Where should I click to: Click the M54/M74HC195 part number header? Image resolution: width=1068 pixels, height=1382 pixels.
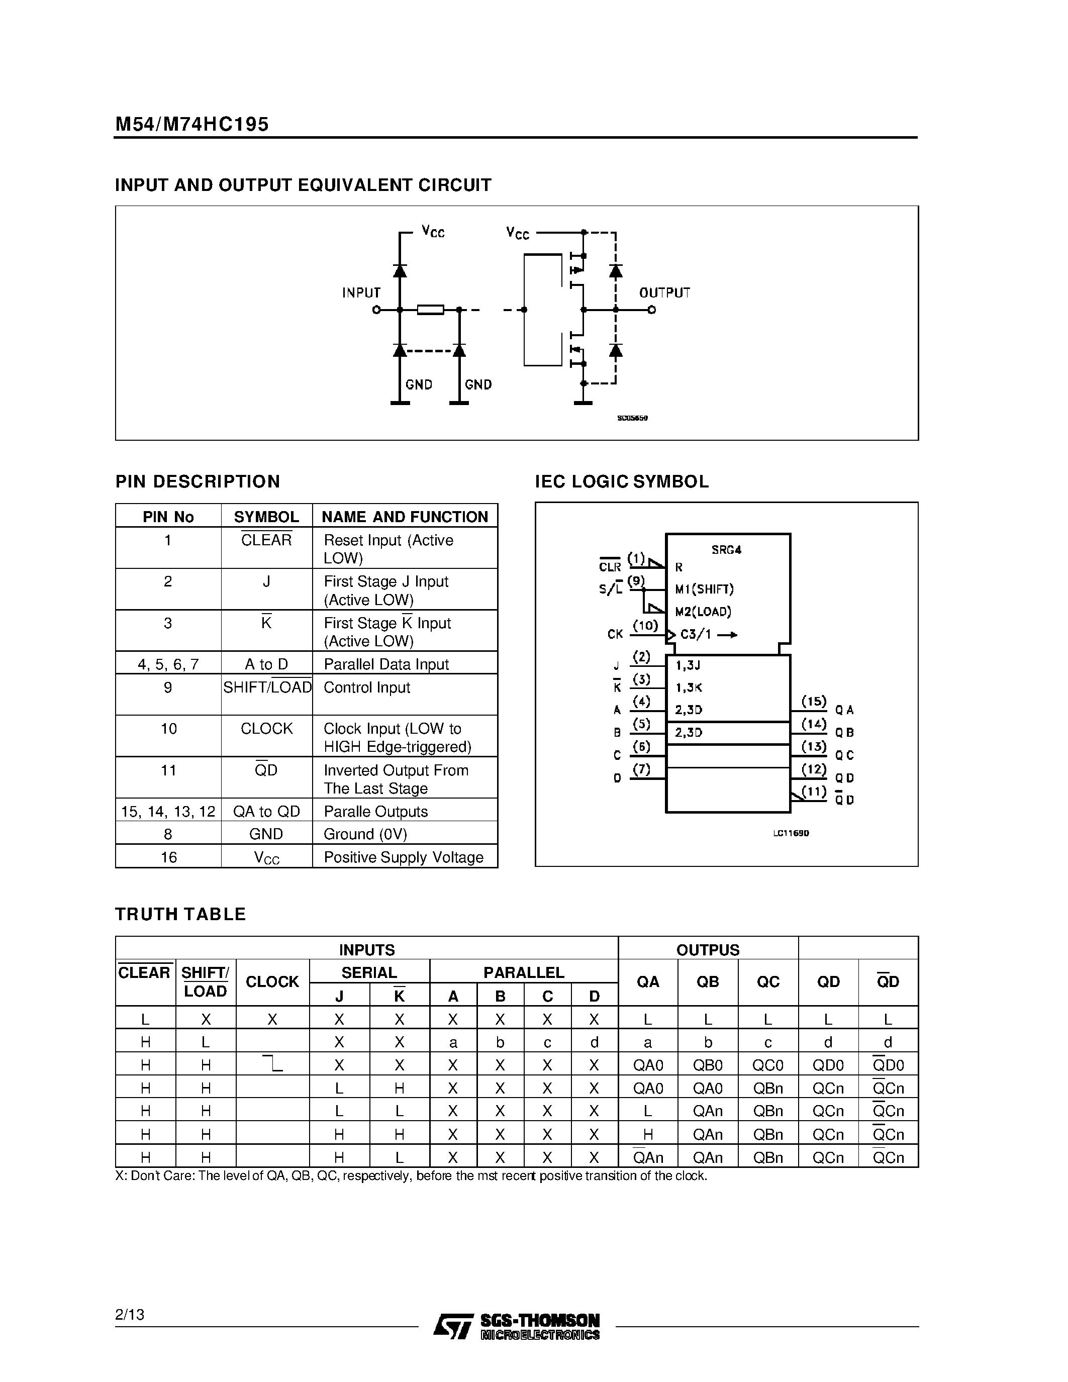(x=191, y=124)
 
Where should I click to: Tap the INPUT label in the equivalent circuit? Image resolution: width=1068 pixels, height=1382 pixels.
(x=361, y=292)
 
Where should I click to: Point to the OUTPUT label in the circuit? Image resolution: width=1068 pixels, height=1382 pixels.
(x=664, y=292)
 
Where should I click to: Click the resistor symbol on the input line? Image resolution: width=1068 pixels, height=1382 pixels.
(x=430, y=310)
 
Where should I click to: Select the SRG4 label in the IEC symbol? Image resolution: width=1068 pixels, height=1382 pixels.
(x=726, y=550)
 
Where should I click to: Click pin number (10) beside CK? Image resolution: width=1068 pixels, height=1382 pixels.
(x=645, y=626)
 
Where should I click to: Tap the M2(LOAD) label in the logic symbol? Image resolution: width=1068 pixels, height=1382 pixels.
(x=703, y=611)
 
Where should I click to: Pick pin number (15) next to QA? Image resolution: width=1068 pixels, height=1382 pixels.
(x=814, y=701)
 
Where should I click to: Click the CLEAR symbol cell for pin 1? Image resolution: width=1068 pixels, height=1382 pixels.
(x=266, y=540)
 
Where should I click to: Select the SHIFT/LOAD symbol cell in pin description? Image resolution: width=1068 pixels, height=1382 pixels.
(x=267, y=687)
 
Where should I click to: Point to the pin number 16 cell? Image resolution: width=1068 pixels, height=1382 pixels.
(x=168, y=857)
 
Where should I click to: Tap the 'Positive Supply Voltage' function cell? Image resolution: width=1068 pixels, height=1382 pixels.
(x=403, y=857)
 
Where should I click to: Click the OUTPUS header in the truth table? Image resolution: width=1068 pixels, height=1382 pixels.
(x=707, y=950)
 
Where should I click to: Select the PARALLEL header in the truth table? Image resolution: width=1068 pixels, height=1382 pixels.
(x=523, y=972)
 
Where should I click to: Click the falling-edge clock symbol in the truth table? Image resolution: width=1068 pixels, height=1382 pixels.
(x=273, y=1064)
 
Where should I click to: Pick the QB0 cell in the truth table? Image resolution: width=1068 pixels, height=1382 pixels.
(x=707, y=1065)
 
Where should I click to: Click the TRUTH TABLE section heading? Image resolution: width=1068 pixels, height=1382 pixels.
(x=180, y=914)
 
